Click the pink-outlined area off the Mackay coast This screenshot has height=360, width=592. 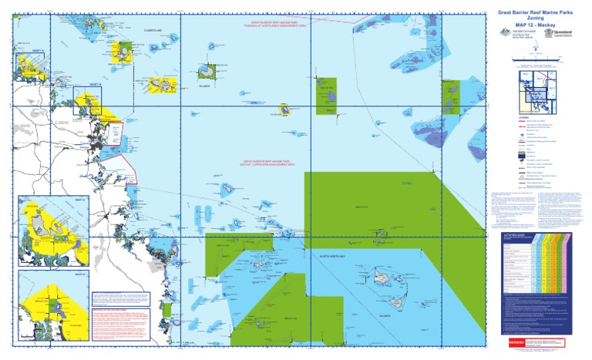[x=113, y=135]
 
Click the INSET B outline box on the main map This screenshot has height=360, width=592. [x=87, y=101]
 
